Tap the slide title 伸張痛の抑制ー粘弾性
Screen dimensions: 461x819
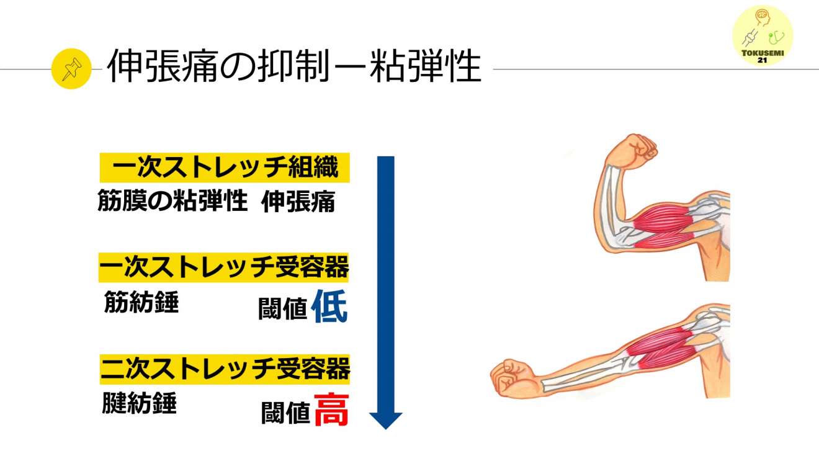tap(294, 66)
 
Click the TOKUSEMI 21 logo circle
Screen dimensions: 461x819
tap(763, 36)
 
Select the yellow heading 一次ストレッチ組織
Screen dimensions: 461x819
tap(225, 169)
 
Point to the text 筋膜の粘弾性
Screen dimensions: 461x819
tap(172, 202)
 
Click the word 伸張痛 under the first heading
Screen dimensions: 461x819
tap(298, 202)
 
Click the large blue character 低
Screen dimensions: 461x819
tap(329, 307)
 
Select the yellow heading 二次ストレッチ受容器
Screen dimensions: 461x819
tap(225, 370)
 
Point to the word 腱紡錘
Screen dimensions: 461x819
tap(140, 403)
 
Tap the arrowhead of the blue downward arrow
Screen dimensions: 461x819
tap(386, 420)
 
